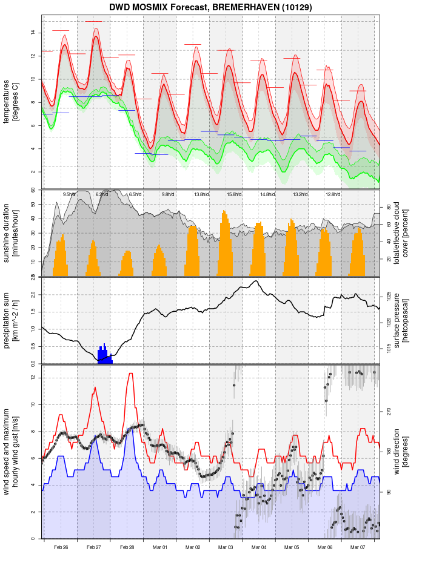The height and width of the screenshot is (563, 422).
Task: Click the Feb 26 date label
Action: point(61,547)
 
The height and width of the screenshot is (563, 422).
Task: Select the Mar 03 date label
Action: point(226,547)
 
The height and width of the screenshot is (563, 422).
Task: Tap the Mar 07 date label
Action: point(358,547)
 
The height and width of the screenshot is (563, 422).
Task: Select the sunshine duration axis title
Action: point(11,232)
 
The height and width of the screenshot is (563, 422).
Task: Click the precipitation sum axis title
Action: point(11,320)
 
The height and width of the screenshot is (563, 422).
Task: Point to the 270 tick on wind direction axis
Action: point(389,411)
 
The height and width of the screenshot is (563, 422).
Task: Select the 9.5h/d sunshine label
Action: point(69,194)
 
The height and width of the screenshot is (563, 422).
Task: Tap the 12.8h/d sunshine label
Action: point(332,194)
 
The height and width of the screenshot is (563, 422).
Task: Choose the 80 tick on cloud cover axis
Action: point(388,207)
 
